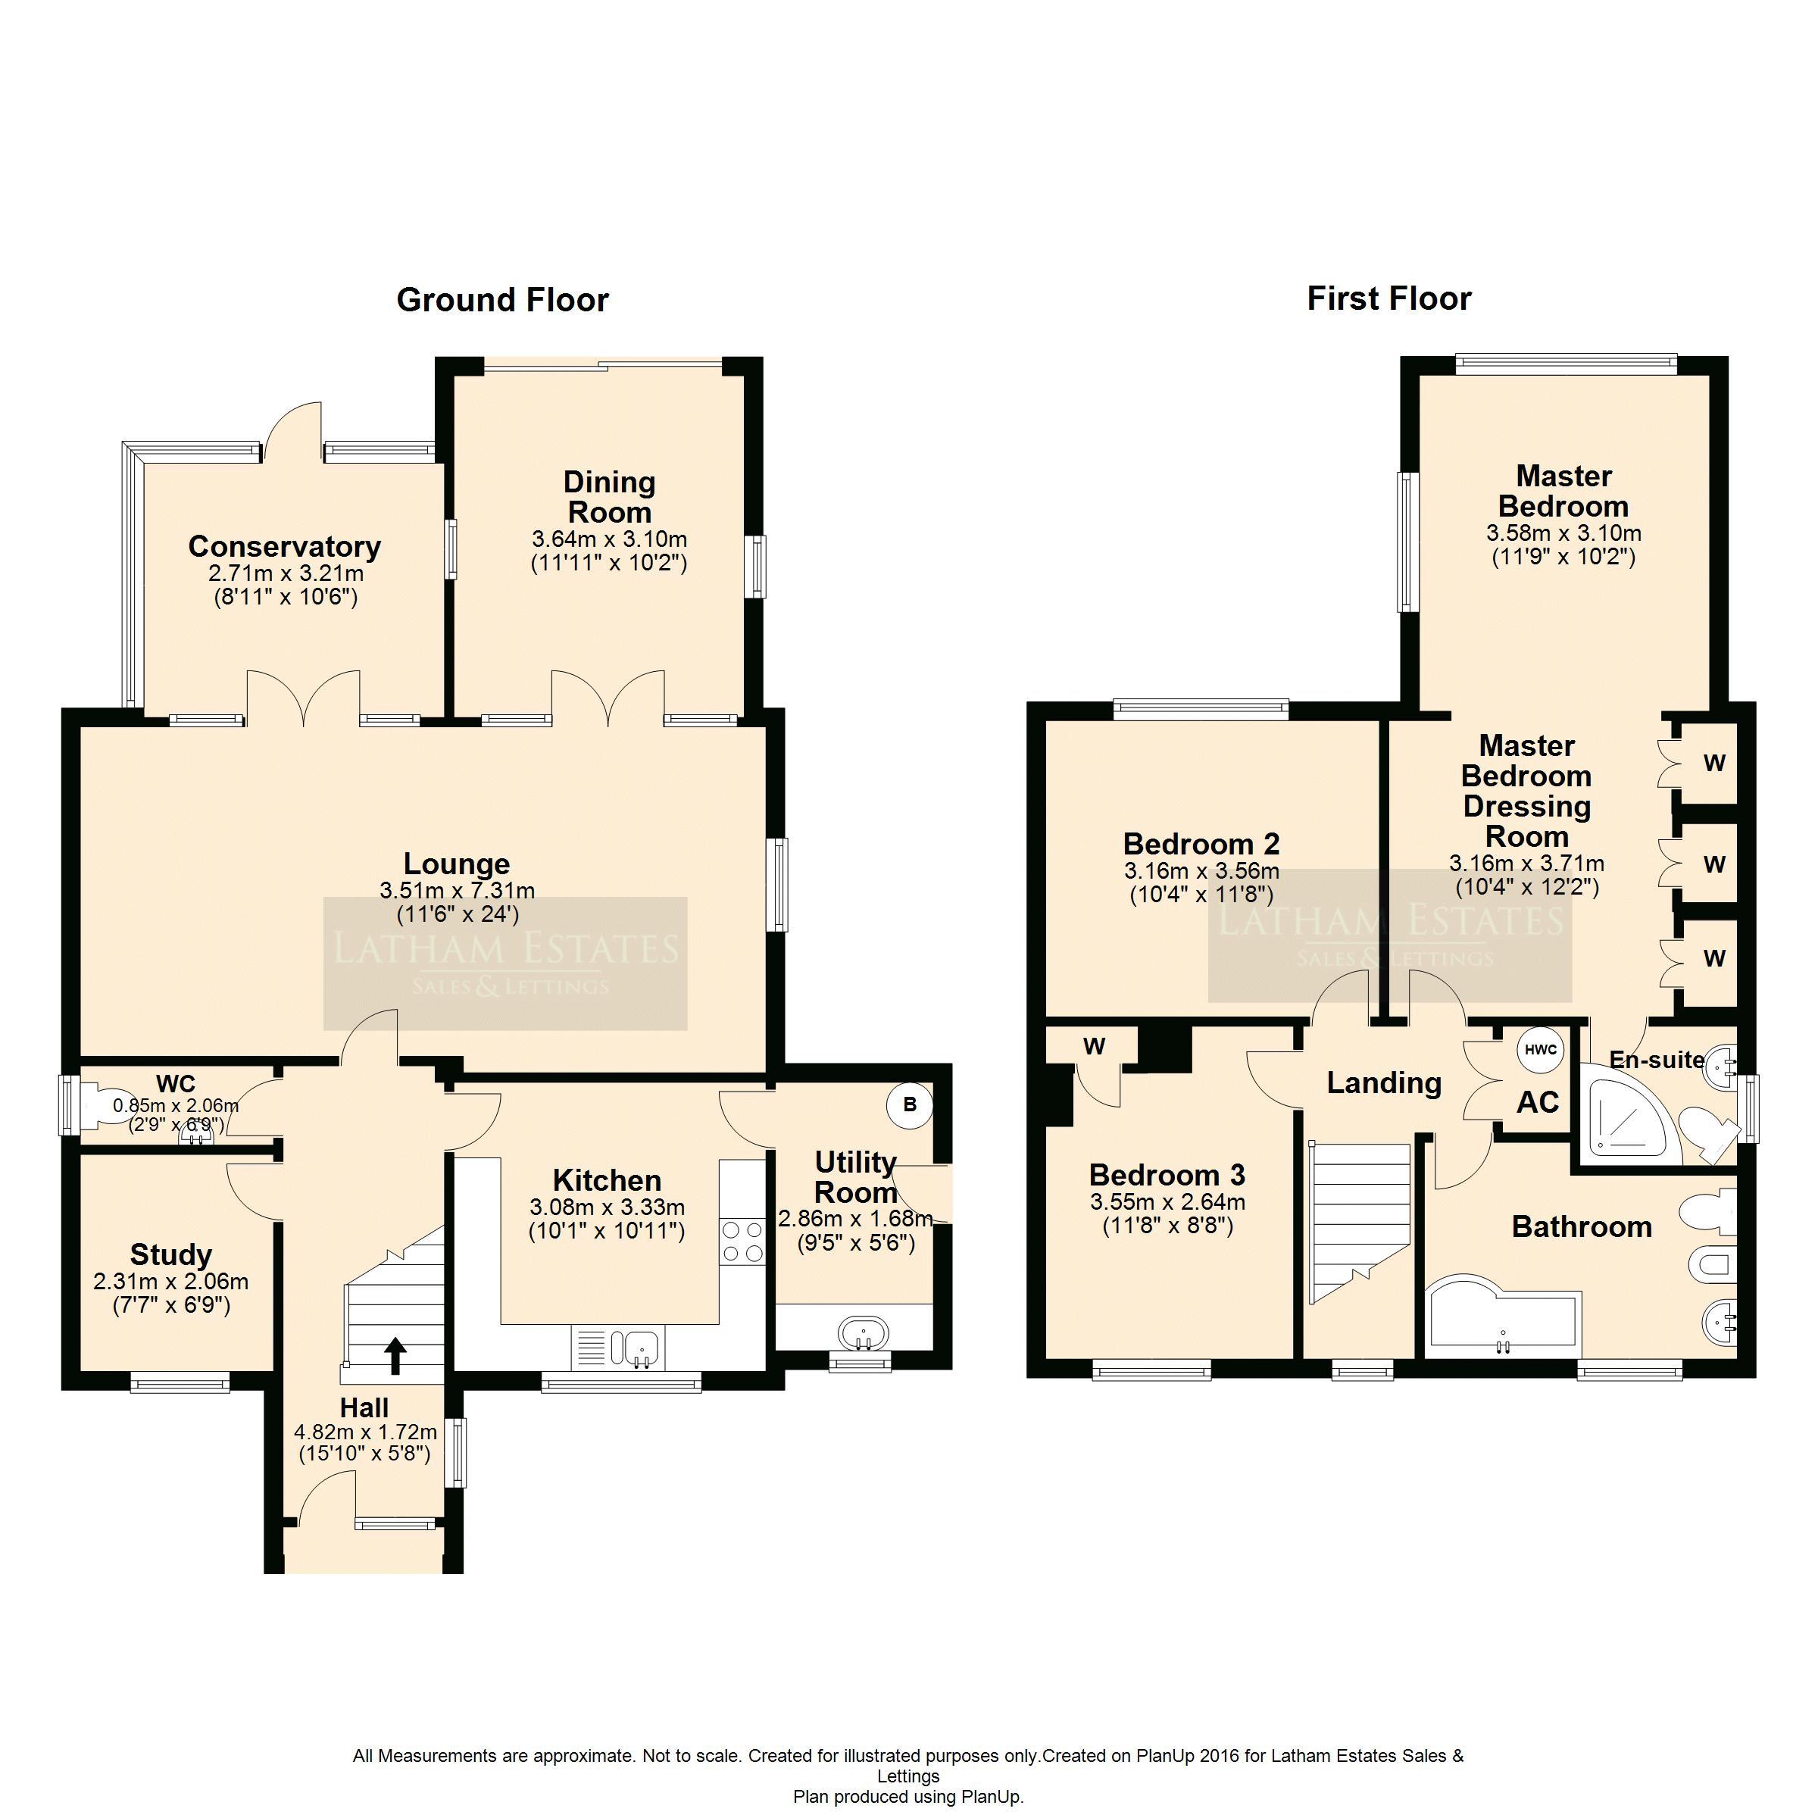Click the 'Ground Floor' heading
502,300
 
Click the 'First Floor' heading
1389,299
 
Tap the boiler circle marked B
909,1104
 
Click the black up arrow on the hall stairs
395,1356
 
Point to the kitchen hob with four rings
742,1242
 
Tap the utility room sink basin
864,1333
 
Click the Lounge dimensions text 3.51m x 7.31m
458,890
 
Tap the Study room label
171,1254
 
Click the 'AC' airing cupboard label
1538,1102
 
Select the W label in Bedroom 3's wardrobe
1093,1045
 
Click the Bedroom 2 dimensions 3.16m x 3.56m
1201,871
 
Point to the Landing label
1384,1083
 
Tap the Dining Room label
610,497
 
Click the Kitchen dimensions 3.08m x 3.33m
607,1207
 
